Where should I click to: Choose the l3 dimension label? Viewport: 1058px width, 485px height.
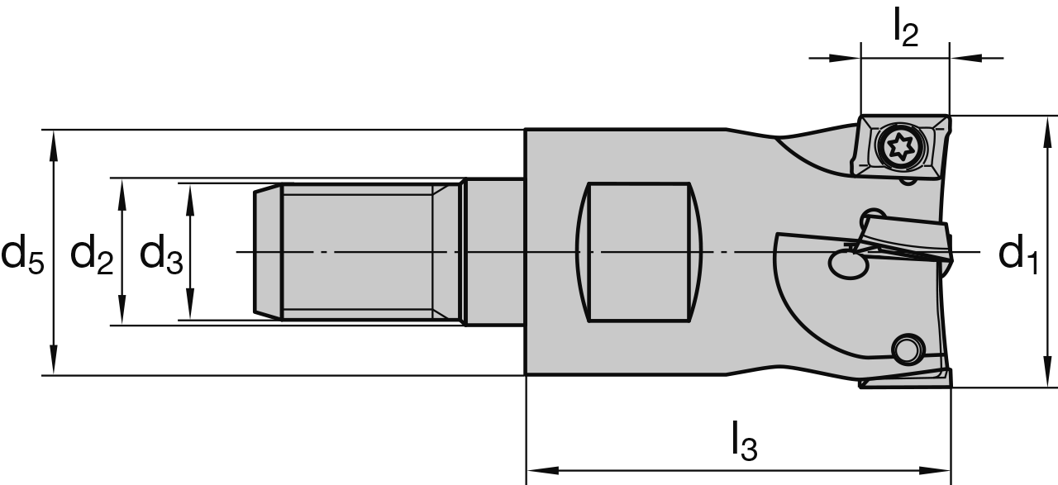point(743,445)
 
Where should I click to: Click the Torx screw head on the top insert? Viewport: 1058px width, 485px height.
point(896,148)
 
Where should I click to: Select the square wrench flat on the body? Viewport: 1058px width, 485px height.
point(637,252)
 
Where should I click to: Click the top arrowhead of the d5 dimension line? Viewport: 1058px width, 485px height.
point(54,140)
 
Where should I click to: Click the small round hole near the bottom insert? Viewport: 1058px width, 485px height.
point(908,348)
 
